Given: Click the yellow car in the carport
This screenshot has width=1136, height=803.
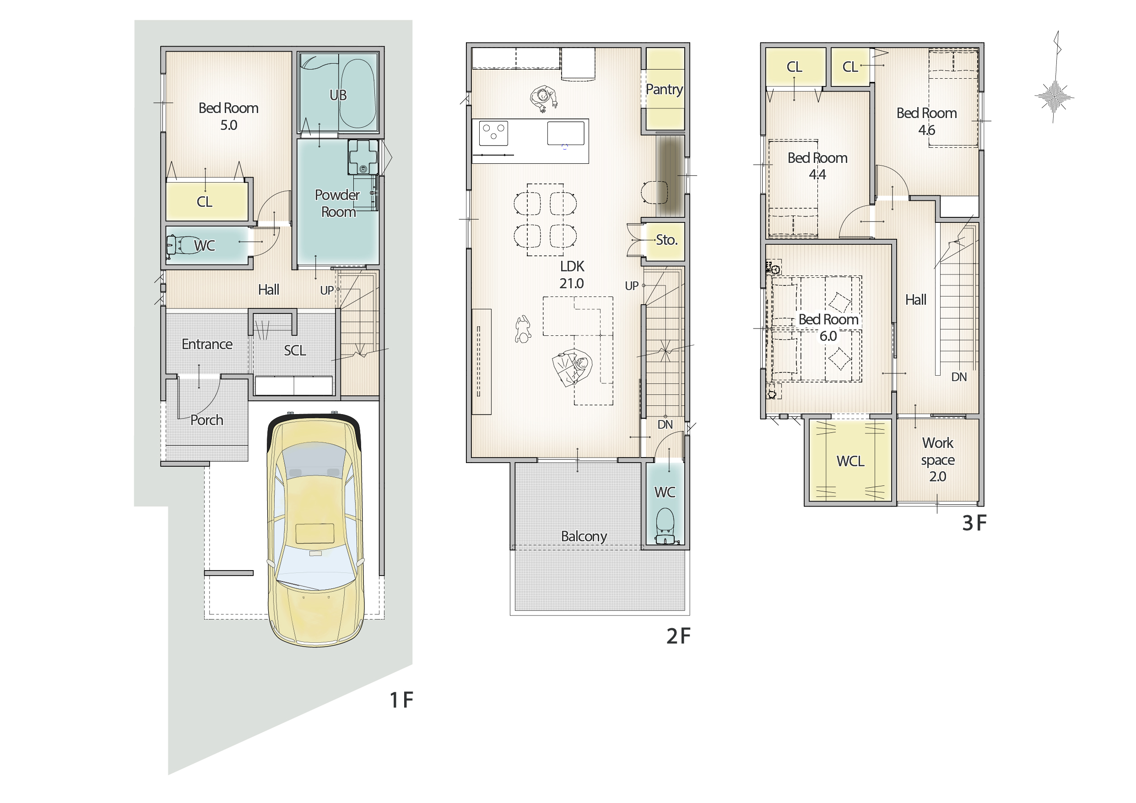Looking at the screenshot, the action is click(x=315, y=529).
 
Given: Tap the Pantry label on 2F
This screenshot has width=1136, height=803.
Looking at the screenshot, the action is click(x=664, y=90).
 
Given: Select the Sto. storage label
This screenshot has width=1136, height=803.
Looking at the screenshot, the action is click(x=666, y=240).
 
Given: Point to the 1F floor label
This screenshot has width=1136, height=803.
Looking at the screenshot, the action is click(x=401, y=700).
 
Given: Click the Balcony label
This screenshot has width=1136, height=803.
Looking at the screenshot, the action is click(x=584, y=537).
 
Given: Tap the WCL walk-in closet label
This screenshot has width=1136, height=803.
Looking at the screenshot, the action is click(x=850, y=461).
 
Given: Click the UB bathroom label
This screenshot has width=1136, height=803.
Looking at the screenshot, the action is click(x=338, y=95).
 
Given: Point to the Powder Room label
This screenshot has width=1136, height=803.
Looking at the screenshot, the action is click(x=337, y=203).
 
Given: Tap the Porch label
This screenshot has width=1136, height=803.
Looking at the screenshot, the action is click(x=207, y=420).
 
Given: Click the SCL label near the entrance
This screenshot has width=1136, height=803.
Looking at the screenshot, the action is click(x=295, y=350).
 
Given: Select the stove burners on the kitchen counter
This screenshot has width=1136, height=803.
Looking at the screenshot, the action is click(x=493, y=132).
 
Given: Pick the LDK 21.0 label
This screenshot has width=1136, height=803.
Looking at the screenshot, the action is click(x=572, y=275).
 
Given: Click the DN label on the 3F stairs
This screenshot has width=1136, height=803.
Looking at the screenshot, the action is click(x=959, y=377).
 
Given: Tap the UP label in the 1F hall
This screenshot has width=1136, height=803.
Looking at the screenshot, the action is click(x=326, y=291).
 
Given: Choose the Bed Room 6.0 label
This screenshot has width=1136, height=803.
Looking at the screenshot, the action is click(x=828, y=328).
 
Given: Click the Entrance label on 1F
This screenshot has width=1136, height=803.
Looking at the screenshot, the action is click(x=207, y=344).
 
